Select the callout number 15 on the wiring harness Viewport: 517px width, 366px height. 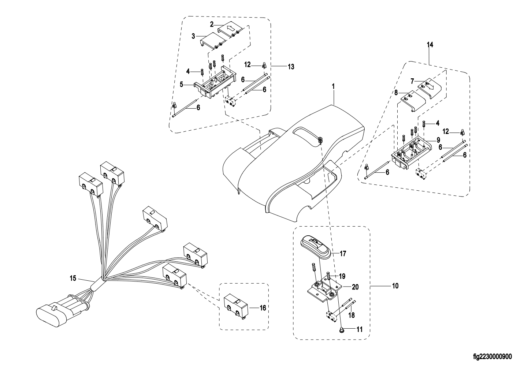[73, 279]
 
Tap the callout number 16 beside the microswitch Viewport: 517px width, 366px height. [263, 308]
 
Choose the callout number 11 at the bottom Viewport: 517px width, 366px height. [359, 329]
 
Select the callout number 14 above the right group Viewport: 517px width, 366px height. [430, 45]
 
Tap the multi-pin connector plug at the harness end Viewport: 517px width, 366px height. [55, 312]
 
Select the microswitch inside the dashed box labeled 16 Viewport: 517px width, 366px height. [236, 305]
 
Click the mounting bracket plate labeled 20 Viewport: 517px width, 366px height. [324, 290]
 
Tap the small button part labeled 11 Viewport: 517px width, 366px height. [341, 330]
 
